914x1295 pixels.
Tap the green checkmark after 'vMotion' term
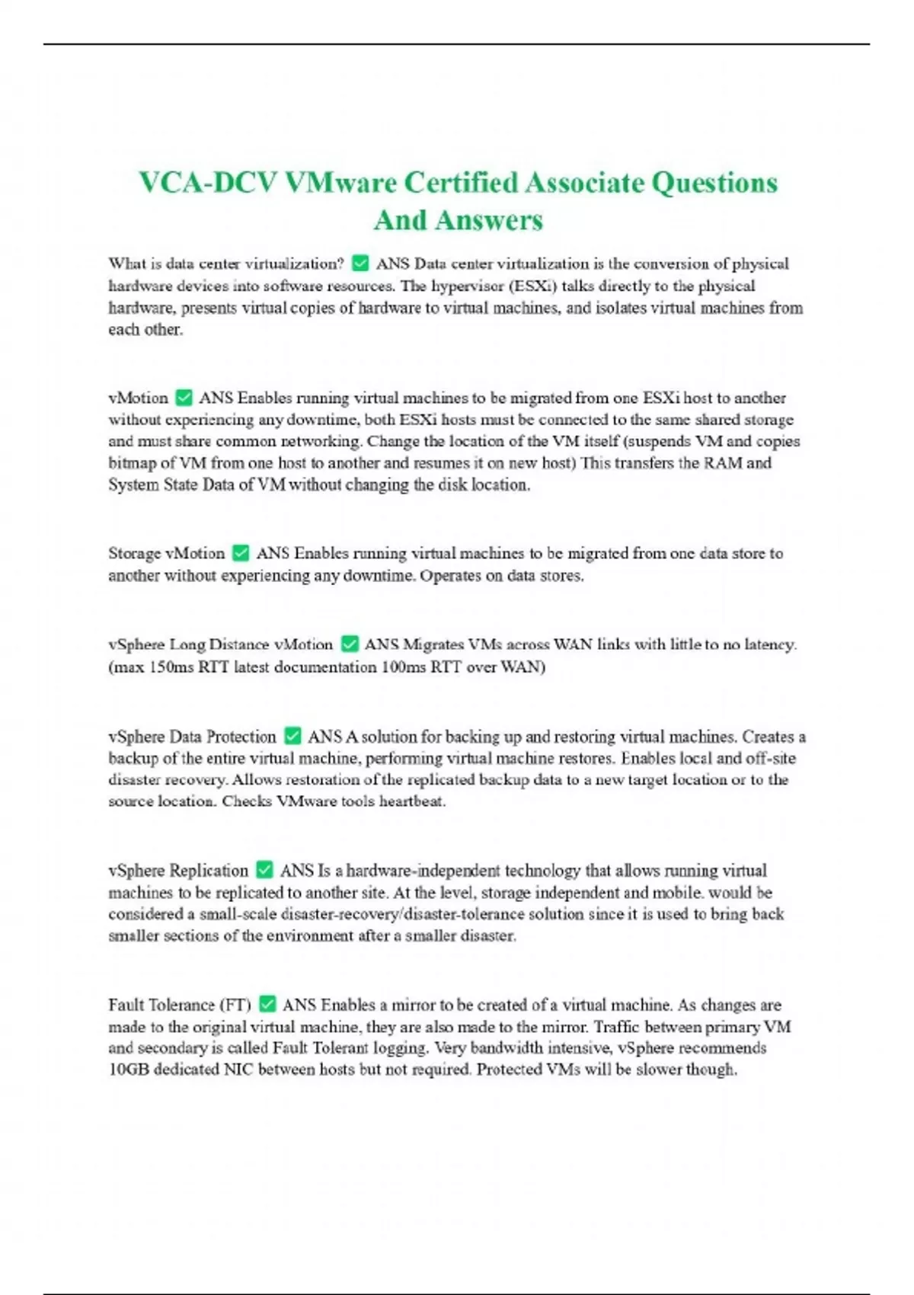pos(184,398)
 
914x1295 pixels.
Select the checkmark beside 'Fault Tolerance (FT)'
pos(267,1004)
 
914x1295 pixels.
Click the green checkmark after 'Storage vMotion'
pos(240,553)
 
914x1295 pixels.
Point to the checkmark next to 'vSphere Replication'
pos(264,870)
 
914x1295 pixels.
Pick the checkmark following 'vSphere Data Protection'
pos(292,736)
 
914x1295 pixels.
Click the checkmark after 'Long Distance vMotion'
pos(349,644)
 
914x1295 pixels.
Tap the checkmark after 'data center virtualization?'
pos(360,264)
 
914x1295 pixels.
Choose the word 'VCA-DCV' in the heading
pos(207,183)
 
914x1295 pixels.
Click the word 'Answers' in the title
pos(489,220)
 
